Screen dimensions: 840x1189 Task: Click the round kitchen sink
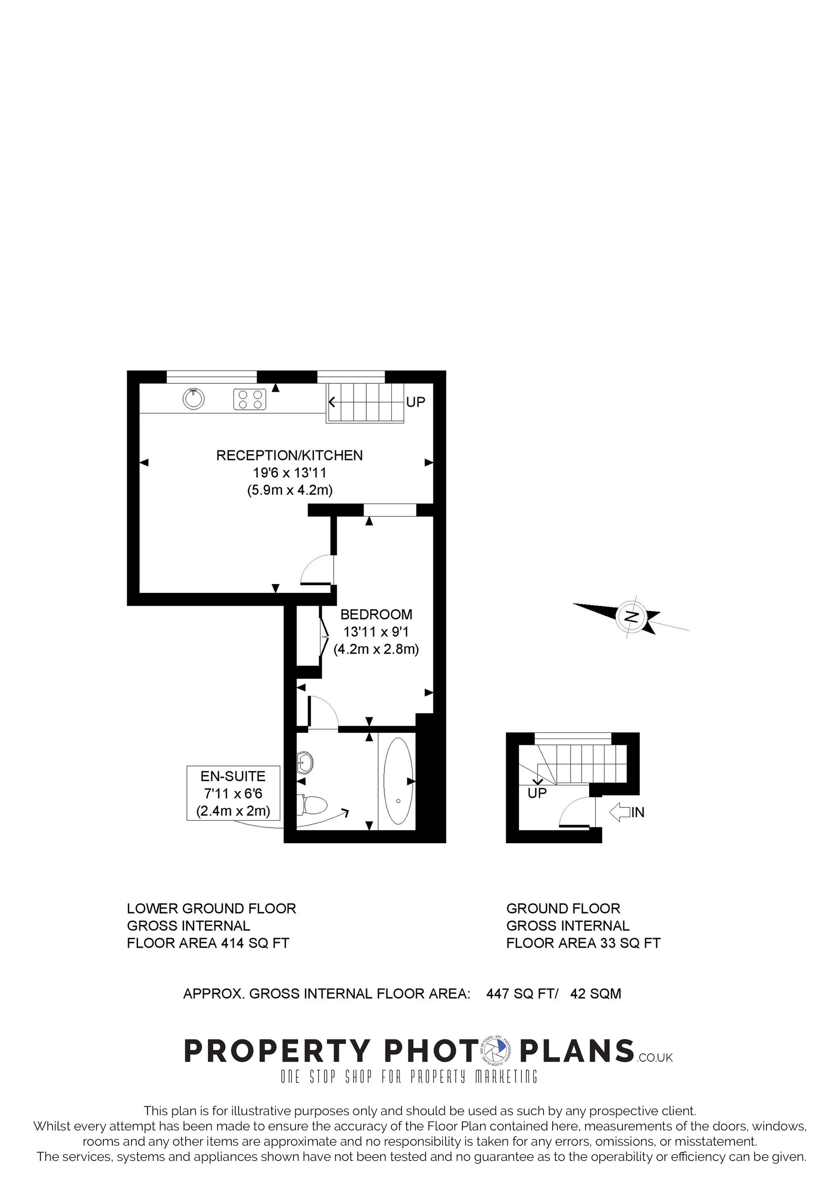tap(194, 399)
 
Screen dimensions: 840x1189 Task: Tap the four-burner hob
tap(250, 399)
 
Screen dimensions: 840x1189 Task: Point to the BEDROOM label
tap(376, 615)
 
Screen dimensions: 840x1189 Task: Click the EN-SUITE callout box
tap(234, 793)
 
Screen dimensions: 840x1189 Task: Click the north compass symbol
tap(631, 616)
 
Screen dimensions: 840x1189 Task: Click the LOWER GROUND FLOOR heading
tap(212, 908)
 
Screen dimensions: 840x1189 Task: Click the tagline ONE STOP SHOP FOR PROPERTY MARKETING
tap(409, 1077)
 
